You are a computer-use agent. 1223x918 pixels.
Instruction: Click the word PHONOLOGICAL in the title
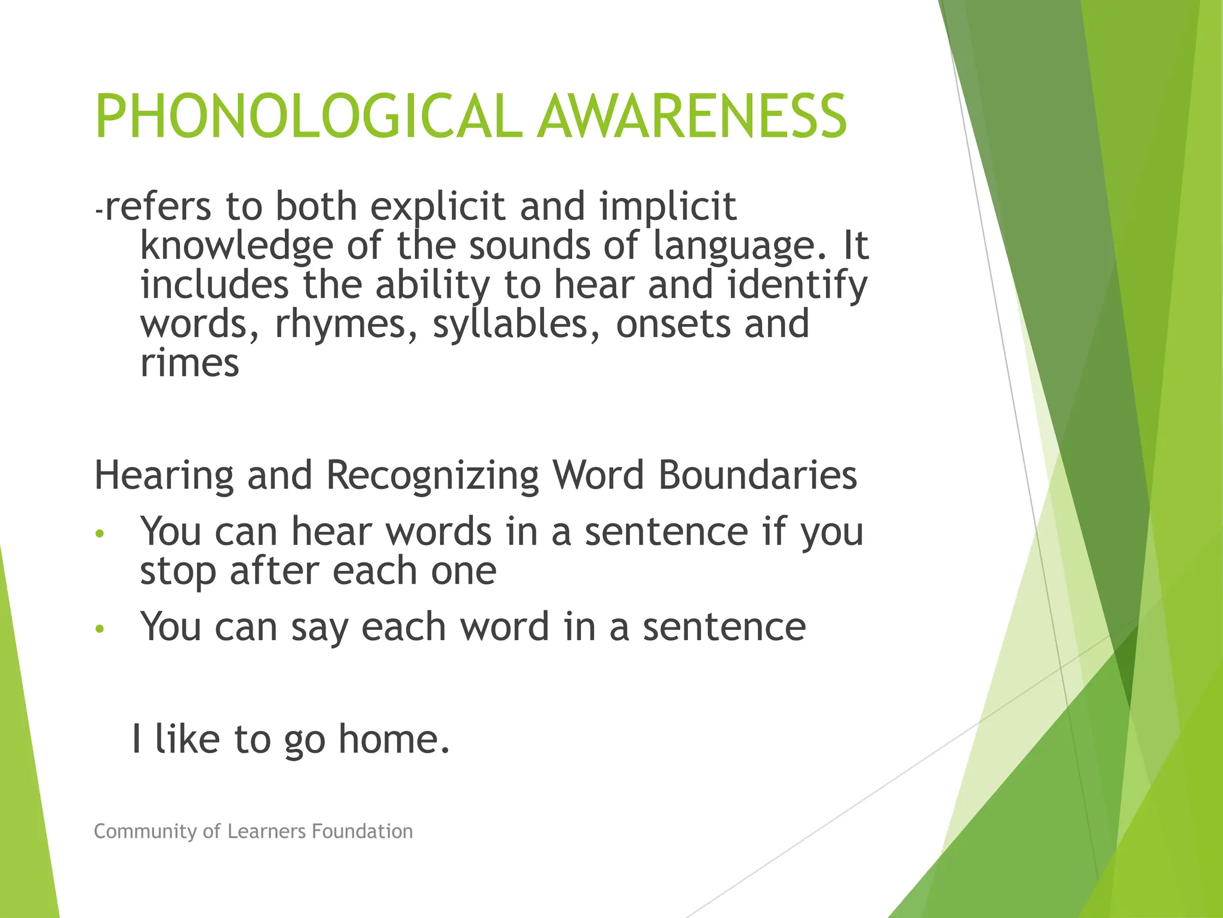(x=305, y=117)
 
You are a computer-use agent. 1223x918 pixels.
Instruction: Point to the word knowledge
(x=236, y=246)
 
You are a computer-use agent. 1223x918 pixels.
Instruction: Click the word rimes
(x=189, y=363)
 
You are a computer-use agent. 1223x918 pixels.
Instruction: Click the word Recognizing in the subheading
(x=432, y=476)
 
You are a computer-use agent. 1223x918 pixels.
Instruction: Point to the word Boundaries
(x=757, y=476)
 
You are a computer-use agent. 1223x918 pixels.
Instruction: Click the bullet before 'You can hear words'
(x=100, y=533)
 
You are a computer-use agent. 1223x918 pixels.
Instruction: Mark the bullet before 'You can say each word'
(x=100, y=629)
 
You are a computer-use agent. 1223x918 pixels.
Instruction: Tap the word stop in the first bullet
(x=177, y=572)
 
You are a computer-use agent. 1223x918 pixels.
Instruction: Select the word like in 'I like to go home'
(x=187, y=739)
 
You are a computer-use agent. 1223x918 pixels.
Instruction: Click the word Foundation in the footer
(x=362, y=831)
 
